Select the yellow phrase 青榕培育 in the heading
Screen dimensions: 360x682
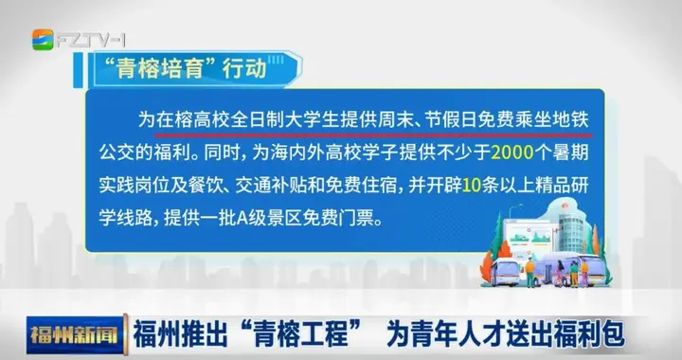167,69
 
